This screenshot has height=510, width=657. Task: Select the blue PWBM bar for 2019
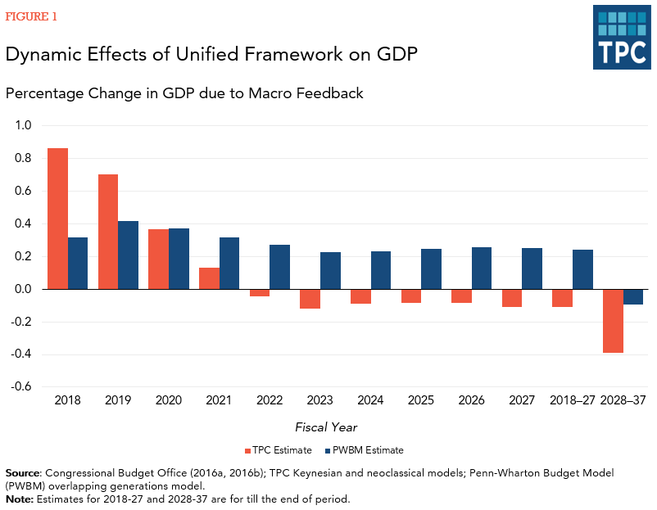(128, 255)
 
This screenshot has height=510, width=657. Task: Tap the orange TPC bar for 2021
(209, 278)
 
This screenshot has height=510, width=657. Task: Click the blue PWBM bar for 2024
(381, 270)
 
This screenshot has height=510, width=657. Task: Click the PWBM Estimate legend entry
(365, 450)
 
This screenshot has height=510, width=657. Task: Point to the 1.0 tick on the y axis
(22, 126)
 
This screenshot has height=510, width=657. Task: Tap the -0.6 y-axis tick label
(20, 387)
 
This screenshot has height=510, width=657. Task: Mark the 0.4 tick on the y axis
(22, 224)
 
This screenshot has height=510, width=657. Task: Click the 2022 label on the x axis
(270, 401)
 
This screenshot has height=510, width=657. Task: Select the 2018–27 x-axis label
(573, 401)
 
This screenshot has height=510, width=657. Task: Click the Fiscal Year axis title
(326, 427)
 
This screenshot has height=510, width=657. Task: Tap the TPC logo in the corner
(621, 37)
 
